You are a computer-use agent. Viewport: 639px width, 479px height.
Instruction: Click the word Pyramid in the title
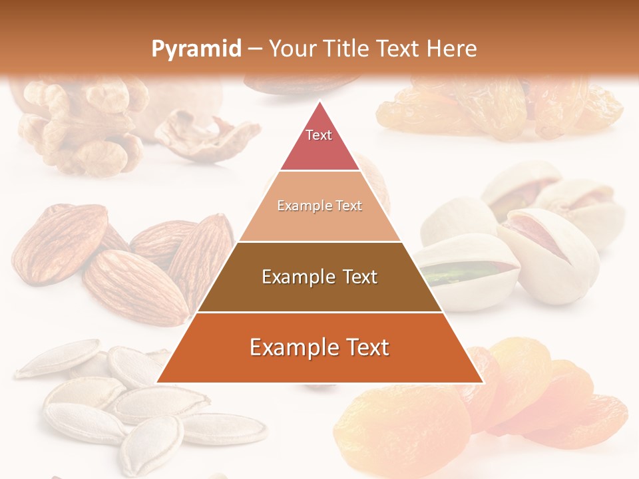click(x=196, y=49)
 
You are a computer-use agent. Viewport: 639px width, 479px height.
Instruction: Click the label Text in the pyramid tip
click(x=319, y=135)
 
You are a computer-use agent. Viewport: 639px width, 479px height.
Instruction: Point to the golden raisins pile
click(x=499, y=106)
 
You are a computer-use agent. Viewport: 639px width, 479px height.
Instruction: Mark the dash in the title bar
click(x=254, y=49)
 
